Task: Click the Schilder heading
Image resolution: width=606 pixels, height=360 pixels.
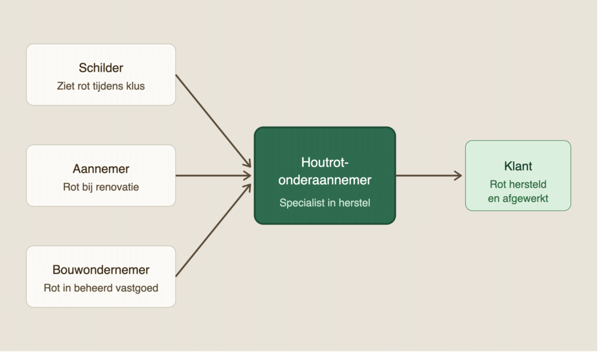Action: click(101, 67)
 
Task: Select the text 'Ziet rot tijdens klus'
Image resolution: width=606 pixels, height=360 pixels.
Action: click(101, 86)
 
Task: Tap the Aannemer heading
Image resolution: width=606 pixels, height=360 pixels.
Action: click(101, 169)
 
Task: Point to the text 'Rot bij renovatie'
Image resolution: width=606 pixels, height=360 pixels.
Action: click(101, 187)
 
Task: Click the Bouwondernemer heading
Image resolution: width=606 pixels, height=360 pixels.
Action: click(101, 269)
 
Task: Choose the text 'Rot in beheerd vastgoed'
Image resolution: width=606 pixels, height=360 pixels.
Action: click(101, 288)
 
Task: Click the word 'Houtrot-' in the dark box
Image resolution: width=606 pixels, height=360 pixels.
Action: click(325, 162)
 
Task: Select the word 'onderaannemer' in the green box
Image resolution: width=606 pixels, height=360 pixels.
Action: click(325, 180)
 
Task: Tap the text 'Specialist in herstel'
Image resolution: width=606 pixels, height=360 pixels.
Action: click(325, 202)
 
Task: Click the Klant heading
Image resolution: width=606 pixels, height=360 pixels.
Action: click(518, 166)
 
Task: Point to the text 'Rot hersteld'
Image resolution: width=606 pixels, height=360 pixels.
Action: click(518, 184)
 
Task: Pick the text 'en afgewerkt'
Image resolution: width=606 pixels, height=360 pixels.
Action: click(518, 198)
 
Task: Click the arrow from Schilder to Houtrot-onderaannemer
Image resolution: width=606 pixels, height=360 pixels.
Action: click(213, 121)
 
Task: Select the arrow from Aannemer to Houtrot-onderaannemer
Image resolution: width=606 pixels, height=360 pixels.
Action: click(213, 175)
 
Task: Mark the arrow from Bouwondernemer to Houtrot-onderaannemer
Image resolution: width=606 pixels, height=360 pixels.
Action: click(213, 230)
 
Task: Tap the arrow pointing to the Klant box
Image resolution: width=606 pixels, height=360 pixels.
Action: click(429, 175)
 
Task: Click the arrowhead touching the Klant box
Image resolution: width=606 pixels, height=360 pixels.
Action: click(459, 175)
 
